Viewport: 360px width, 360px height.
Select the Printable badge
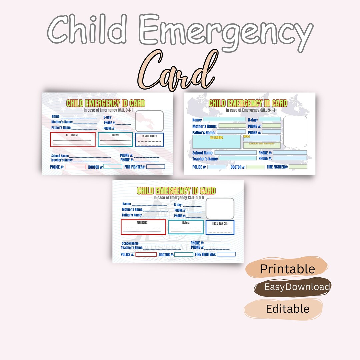287,269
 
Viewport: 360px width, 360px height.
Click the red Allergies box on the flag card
73,140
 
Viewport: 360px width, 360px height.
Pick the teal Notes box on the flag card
115,140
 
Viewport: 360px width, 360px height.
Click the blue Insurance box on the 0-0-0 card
220,227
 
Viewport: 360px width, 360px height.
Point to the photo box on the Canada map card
295,131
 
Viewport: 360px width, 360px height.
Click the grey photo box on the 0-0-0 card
220,208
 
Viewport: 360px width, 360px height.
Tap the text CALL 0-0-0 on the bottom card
197,198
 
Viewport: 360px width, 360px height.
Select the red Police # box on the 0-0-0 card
146,254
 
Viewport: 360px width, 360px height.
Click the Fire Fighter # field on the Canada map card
298,167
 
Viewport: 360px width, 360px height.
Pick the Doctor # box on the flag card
113,166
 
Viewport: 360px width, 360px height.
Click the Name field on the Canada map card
224,119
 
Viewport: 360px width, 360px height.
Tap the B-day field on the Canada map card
270,119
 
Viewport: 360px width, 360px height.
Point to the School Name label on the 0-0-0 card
130,243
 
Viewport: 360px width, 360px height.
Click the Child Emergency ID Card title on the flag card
106,103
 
